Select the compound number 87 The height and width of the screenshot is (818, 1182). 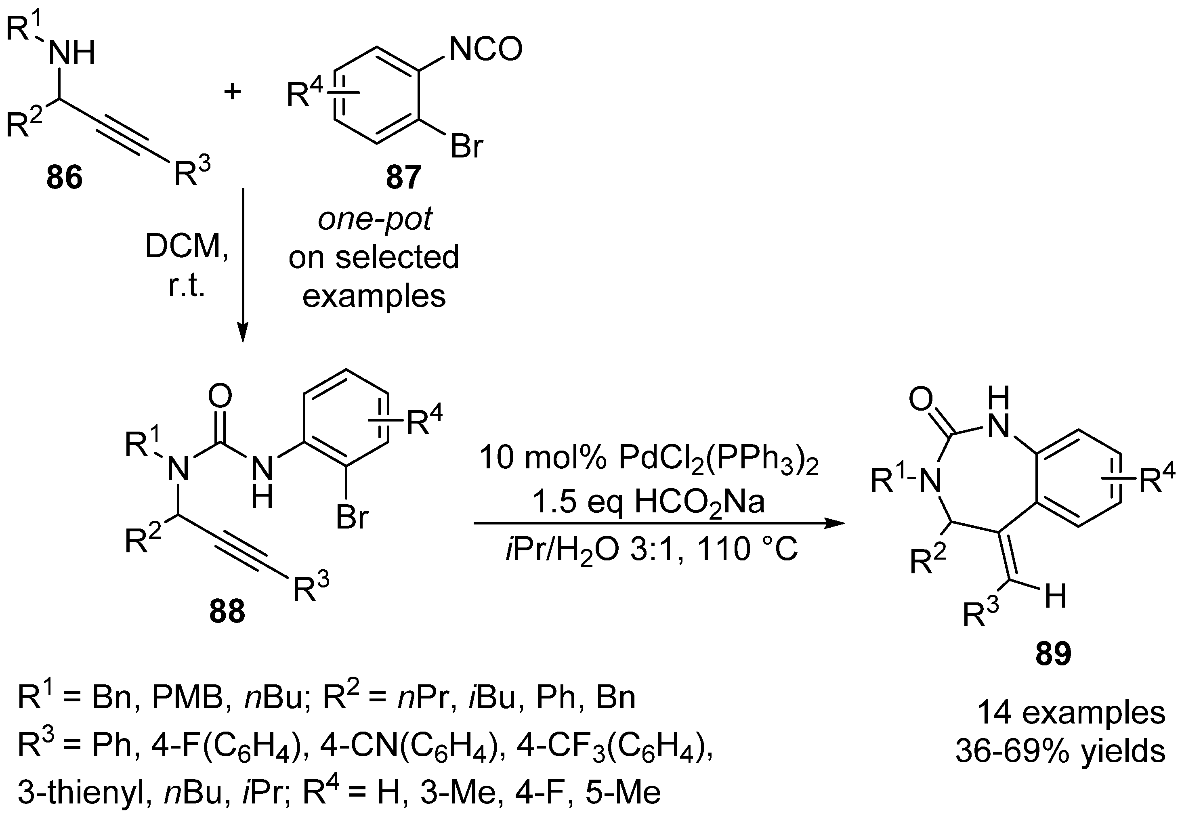tap(403, 177)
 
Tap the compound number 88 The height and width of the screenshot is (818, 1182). tap(227, 611)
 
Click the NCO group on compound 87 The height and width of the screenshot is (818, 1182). tap(485, 50)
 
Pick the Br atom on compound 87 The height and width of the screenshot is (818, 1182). tap(466, 146)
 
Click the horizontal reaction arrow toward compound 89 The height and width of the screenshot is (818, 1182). tap(658, 523)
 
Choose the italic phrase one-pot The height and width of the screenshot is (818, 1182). tap(375, 219)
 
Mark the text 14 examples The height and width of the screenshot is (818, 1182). tap(1071, 712)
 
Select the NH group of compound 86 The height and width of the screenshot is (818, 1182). tap(72, 52)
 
